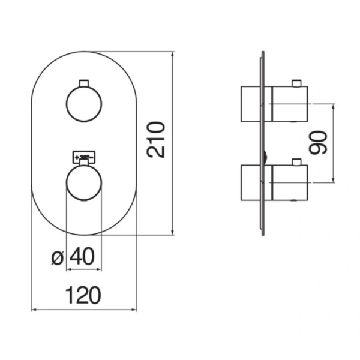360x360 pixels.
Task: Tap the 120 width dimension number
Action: point(83,295)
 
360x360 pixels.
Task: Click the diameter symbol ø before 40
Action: point(58,258)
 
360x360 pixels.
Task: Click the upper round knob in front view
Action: point(84,103)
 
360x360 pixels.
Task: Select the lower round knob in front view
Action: point(84,182)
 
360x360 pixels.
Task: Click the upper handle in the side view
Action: point(274,103)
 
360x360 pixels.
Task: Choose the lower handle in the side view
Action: point(274,182)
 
